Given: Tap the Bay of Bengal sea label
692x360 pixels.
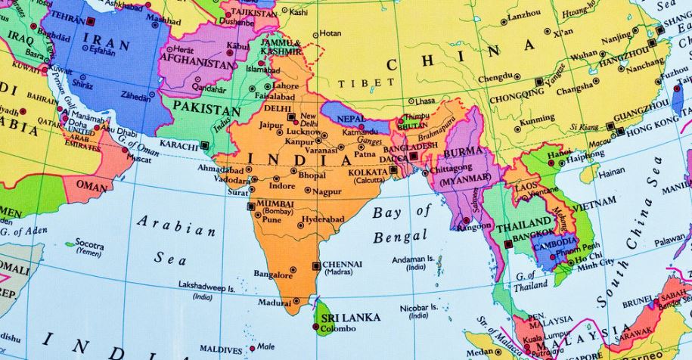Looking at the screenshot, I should tap(401, 224).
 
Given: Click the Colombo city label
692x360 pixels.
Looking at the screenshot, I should tap(338, 329).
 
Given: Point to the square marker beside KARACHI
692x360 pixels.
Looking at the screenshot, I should tap(204, 144).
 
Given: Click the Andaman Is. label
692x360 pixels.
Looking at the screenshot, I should tap(412, 259).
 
